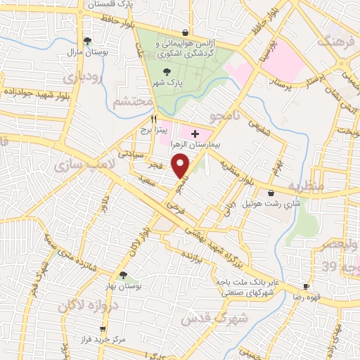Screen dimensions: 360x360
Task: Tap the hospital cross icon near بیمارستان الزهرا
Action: point(195,133)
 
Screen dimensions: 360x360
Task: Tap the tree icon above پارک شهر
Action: point(167,72)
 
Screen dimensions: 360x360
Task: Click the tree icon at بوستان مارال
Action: point(87,41)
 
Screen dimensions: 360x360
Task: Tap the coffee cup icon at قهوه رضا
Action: point(306,287)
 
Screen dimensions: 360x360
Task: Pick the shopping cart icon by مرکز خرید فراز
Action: point(103,328)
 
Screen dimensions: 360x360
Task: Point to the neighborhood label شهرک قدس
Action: point(205,319)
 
